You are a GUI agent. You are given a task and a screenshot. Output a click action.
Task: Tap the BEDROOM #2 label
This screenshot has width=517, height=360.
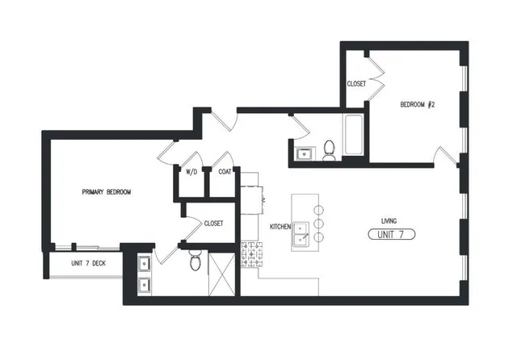tap(418, 105)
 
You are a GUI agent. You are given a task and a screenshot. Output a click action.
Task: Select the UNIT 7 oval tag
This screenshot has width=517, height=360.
tap(391, 235)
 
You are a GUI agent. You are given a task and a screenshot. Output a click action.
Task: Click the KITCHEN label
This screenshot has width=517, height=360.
tap(280, 227)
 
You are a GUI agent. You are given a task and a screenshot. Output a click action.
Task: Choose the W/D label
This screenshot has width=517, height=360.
tap(192, 172)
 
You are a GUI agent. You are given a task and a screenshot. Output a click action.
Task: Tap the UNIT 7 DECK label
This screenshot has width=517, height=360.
tap(88, 263)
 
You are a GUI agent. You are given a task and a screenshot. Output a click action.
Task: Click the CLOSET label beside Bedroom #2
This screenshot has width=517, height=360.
tap(356, 84)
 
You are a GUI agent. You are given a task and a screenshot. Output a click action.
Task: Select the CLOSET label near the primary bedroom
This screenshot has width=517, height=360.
tap(213, 224)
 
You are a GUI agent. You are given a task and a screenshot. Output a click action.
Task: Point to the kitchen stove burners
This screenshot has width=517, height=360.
tap(251, 256)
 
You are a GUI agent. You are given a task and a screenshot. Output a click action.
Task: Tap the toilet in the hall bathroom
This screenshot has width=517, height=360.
tap(329, 150)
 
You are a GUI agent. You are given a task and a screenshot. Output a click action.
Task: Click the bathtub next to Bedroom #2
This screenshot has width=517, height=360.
tap(354, 136)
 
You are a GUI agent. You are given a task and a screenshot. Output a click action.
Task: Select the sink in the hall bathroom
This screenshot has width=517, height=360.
tap(305, 153)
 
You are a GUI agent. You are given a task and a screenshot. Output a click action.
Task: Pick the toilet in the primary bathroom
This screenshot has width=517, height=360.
tap(194, 260)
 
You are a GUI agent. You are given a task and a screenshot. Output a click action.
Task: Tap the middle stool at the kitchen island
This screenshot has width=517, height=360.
tap(318, 223)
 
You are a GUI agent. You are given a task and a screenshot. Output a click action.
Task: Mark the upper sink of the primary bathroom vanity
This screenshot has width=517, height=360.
tap(144, 262)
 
